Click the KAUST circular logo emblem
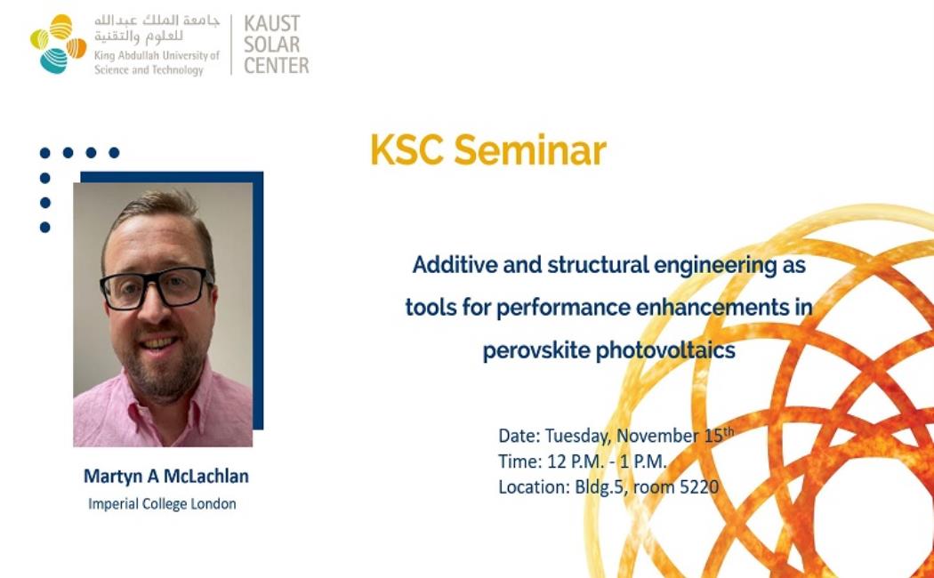[x=59, y=44]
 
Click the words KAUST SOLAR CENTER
[x=277, y=44]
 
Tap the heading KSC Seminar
[x=488, y=150]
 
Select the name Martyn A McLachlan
[x=166, y=477]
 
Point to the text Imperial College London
[x=162, y=504]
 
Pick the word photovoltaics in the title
[x=665, y=350]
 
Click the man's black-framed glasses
[x=156, y=288]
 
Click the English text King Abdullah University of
[x=157, y=55]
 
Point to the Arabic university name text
[x=157, y=28]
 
